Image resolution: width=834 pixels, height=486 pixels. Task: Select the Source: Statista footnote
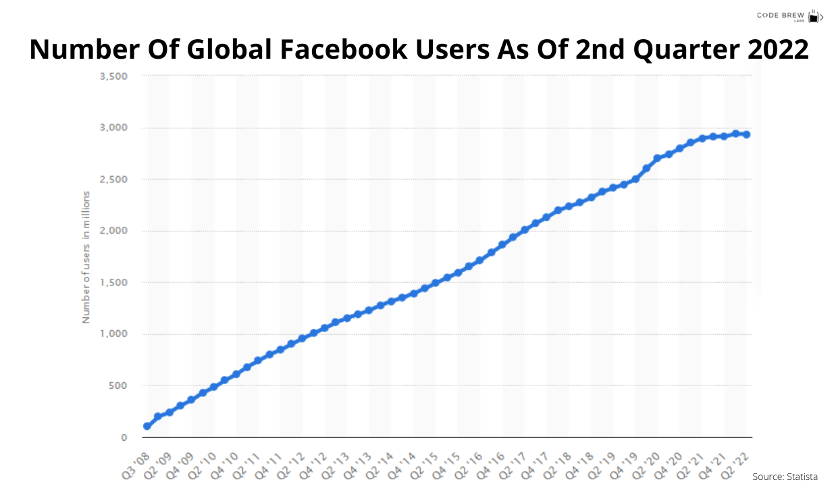point(785,477)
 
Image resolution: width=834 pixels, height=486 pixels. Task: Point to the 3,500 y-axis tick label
point(113,76)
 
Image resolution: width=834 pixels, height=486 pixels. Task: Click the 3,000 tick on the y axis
point(113,128)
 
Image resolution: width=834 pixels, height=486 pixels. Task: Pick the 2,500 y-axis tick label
point(113,180)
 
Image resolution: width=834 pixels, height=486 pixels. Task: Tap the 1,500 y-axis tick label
point(113,282)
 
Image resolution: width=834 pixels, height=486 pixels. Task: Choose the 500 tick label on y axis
point(119,385)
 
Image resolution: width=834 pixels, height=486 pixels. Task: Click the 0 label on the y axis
point(124,437)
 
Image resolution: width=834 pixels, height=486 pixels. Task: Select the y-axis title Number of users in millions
point(86,257)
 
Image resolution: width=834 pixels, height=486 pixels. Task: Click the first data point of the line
point(147,426)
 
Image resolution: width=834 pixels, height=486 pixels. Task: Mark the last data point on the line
point(746,134)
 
